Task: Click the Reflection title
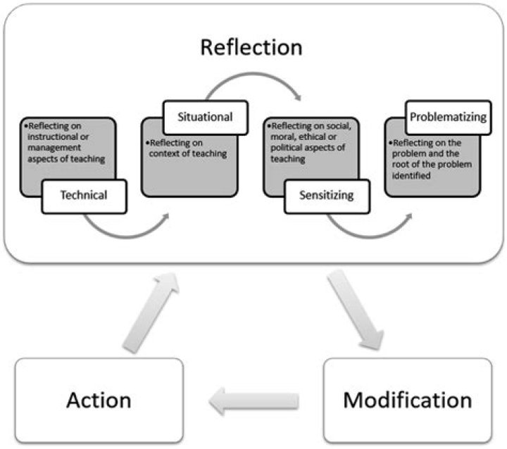pos(251,47)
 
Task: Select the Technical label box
pos(84,195)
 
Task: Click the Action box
pos(99,400)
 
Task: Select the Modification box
pos(407,400)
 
